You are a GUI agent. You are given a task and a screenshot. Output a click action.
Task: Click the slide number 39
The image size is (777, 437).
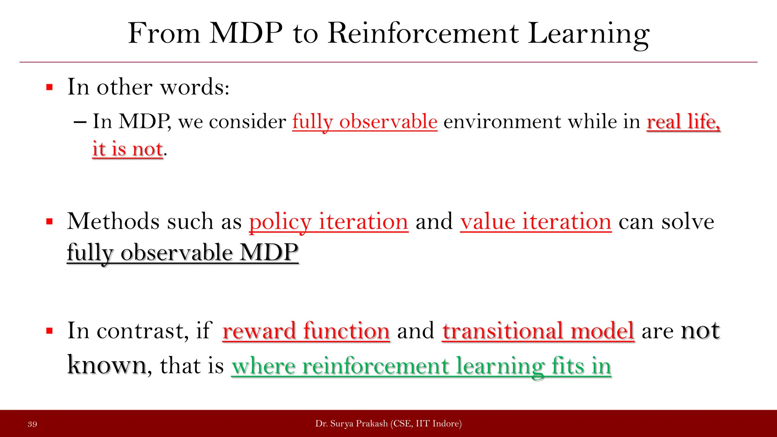tap(32, 424)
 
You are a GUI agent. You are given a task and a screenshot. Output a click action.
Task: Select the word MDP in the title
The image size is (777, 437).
tap(246, 33)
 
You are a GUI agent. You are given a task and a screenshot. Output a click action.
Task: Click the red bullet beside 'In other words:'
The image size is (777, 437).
tap(49, 88)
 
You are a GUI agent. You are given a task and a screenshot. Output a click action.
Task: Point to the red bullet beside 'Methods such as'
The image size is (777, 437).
tap(49, 222)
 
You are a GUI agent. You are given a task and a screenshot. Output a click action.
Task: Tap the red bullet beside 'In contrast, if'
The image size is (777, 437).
tap(49, 331)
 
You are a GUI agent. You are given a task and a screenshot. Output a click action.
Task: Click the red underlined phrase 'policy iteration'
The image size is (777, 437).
tap(329, 222)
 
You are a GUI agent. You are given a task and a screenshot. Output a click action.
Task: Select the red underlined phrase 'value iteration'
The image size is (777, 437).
tap(536, 222)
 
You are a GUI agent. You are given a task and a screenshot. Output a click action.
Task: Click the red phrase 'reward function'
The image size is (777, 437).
tap(306, 331)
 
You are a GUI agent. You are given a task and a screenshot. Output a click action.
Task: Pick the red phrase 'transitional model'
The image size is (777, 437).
tap(538, 331)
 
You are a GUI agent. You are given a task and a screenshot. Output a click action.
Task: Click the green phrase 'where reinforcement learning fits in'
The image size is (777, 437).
tap(421, 366)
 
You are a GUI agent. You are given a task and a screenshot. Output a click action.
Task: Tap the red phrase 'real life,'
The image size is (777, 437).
tap(683, 122)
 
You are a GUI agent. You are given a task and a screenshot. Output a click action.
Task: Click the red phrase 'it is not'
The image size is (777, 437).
tap(127, 149)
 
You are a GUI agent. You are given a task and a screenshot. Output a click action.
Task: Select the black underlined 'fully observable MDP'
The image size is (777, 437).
tap(182, 252)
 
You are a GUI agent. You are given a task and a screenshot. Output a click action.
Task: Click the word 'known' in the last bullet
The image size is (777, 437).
tap(107, 365)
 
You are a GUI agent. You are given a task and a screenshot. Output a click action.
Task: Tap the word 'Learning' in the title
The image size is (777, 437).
tap(588, 33)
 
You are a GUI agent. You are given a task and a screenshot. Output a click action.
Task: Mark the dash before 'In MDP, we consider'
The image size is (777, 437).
tap(80, 122)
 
